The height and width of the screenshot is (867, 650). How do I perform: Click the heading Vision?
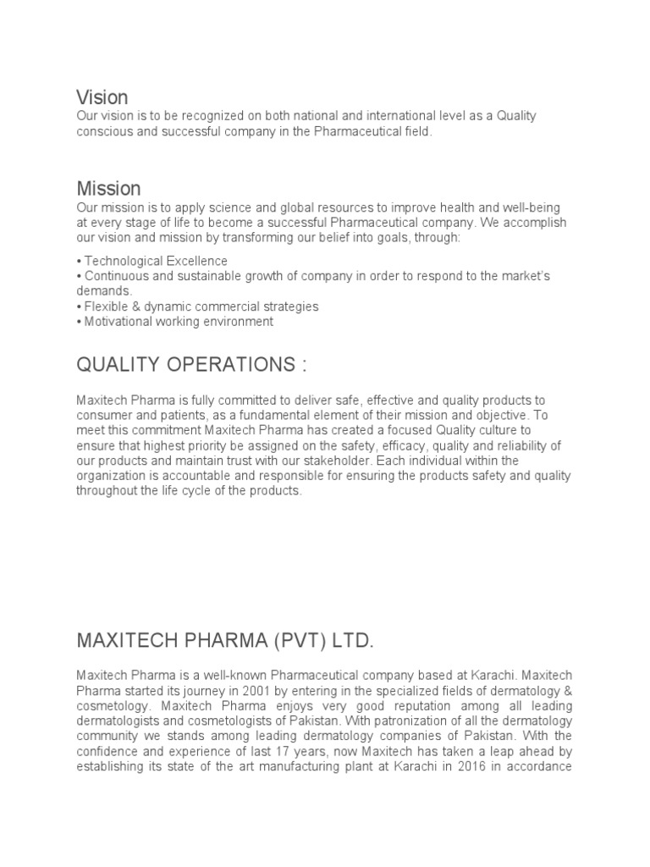point(102,97)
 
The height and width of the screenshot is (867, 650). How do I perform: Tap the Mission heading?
point(108,188)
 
